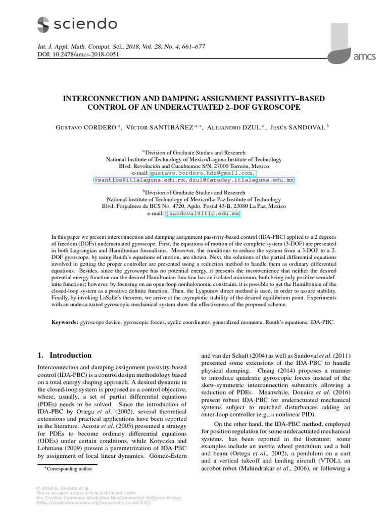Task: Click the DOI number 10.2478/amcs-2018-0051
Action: [x=85, y=55]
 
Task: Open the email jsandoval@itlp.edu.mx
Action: [x=203, y=214]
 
